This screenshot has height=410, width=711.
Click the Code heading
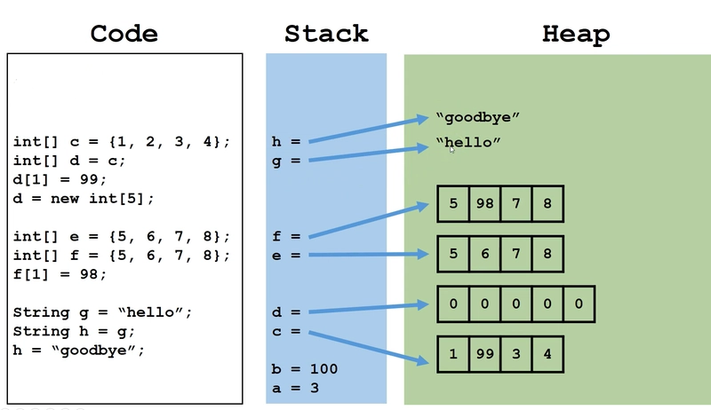click(x=124, y=34)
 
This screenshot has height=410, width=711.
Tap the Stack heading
click(x=326, y=34)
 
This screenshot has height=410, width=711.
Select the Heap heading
click(x=576, y=35)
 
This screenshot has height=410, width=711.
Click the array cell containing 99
click(x=484, y=354)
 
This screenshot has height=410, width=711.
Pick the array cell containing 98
click(x=484, y=203)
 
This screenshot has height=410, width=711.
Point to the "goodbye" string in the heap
click(x=477, y=118)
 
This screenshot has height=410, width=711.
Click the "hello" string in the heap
click(x=468, y=142)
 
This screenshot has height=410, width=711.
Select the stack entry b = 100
click(x=304, y=369)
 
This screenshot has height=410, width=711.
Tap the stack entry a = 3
click(x=295, y=388)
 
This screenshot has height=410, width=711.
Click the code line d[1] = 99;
click(x=60, y=179)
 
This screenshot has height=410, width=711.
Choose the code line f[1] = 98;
click(x=60, y=274)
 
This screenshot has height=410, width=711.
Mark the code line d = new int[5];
click(x=84, y=199)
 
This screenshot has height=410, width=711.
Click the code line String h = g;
click(x=74, y=331)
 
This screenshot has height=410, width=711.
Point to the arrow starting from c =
click(x=368, y=348)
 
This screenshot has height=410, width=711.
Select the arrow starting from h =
click(x=368, y=130)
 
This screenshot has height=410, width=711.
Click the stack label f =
click(x=285, y=236)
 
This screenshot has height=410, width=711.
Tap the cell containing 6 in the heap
click(x=484, y=254)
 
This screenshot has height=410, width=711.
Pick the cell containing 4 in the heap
click(x=547, y=354)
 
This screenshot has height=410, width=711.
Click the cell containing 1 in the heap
click(x=453, y=354)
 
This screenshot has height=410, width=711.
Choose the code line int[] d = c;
click(x=69, y=161)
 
